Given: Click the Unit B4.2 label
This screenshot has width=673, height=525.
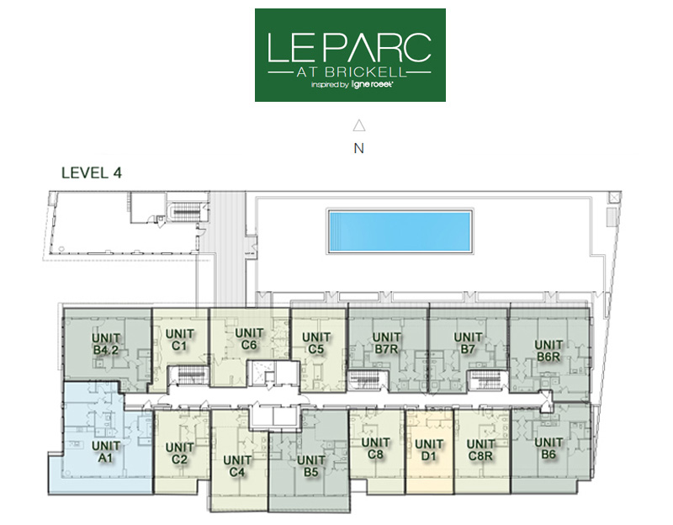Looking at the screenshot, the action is [x=106, y=344].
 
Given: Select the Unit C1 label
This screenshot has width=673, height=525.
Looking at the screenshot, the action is [x=179, y=340].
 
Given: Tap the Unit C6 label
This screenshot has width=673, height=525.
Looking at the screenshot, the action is [x=249, y=339].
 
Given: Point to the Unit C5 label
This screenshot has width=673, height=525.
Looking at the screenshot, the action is [x=316, y=343].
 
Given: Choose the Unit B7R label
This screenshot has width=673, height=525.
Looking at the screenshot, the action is [x=386, y=343].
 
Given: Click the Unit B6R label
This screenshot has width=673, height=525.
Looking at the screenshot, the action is [x=548, y=350].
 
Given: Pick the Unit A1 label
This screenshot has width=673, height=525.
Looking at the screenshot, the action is [x=106, y=452].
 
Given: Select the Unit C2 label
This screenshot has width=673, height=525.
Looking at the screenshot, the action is [x=179, y=453].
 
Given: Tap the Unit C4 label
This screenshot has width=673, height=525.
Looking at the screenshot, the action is [x=237, y=466].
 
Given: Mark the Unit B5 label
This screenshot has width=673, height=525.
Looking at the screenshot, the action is [x=310, y=466].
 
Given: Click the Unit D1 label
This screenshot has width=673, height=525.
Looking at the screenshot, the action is [x=429, y=450].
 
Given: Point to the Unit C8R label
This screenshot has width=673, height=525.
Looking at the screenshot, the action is [x=480, y=450].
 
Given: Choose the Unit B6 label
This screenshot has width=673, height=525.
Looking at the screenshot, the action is [x=548, y=448].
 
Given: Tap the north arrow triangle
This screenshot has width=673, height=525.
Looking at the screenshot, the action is [x=359, y=125].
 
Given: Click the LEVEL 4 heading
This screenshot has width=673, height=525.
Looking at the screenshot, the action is [x=92, y=172].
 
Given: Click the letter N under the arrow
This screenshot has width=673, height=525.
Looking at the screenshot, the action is [x=359, y=148].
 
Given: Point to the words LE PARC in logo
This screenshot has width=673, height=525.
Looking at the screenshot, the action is [x=349, y=47].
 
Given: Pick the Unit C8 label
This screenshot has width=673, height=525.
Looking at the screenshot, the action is [x=375, y=448].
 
